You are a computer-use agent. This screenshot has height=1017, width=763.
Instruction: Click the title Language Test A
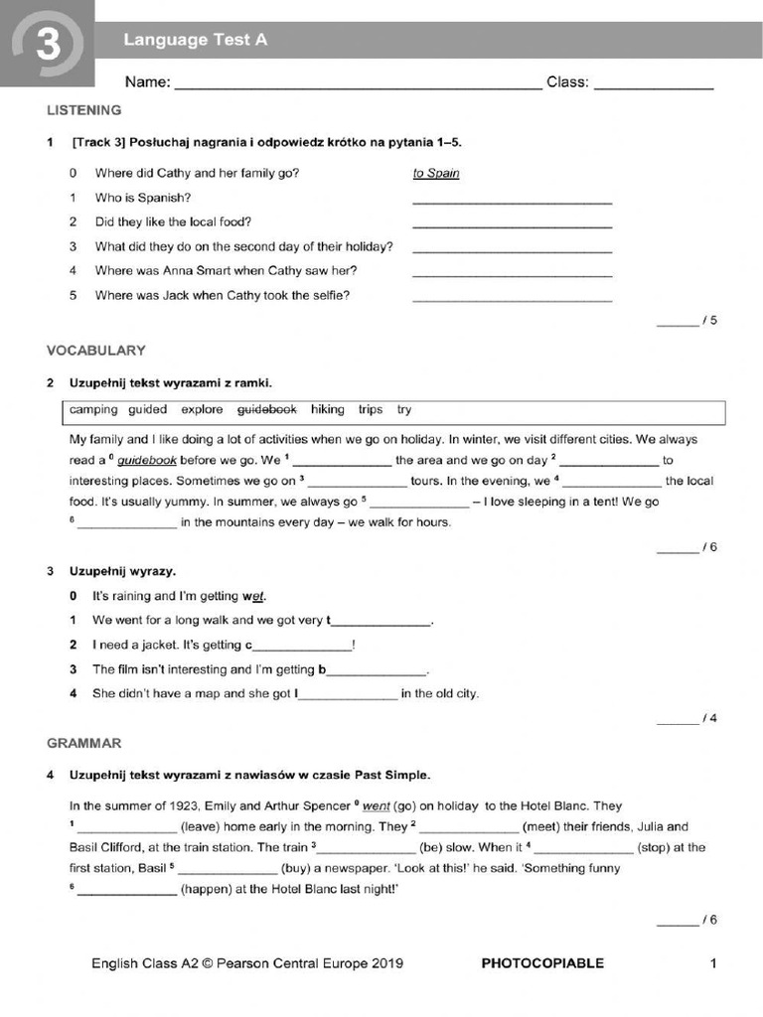[195, 40]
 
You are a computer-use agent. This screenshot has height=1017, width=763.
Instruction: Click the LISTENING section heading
[83, 110]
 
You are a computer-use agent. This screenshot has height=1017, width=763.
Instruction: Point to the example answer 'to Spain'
[436, 173]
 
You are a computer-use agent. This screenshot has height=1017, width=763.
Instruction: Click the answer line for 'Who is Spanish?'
[512, 201]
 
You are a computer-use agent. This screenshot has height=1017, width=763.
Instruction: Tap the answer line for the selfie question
[512, 298]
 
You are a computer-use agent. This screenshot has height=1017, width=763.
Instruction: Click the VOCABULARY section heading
[95, 351]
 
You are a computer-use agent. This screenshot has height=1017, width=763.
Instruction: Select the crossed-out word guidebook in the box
[267, 409]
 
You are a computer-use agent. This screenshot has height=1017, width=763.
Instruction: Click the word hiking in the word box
[327, 409]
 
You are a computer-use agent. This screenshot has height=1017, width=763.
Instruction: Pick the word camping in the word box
[93, 409]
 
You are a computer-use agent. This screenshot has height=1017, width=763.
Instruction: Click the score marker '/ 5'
[708, 321]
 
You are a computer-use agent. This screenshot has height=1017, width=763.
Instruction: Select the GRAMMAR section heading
[84, 743]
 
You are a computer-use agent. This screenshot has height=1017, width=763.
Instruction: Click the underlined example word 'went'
[376, 806]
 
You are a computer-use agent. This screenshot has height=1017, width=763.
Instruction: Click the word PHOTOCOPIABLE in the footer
[541, 963]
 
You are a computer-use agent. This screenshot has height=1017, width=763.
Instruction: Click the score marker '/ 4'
[708, 719]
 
